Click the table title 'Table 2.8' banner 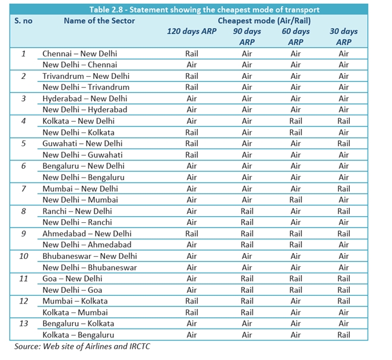click(x=195, y=9)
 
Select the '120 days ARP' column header click(x=191, y=31)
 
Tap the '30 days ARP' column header click(x=344, y=36)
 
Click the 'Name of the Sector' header click(x=99, y=20)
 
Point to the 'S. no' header click(x=24, y=20)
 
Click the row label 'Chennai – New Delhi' click(x=80, y=53)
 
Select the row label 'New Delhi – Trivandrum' click(x=86, y=87)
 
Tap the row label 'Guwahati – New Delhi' click(x=83, y=144)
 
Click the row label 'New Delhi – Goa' click(x=72, y=290)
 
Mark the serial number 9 click(x=24, y=233)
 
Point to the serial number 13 click(x=24, y=324)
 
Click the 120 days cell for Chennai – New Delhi click(x=191, y=53)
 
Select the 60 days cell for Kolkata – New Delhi click(x=295, y=121)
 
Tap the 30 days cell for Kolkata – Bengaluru click(x=344, y=335)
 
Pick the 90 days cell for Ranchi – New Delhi click(x=246, y=211)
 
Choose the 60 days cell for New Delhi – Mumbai click(x=295, y=200)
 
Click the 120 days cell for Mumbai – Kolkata click(x=191, y=301)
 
